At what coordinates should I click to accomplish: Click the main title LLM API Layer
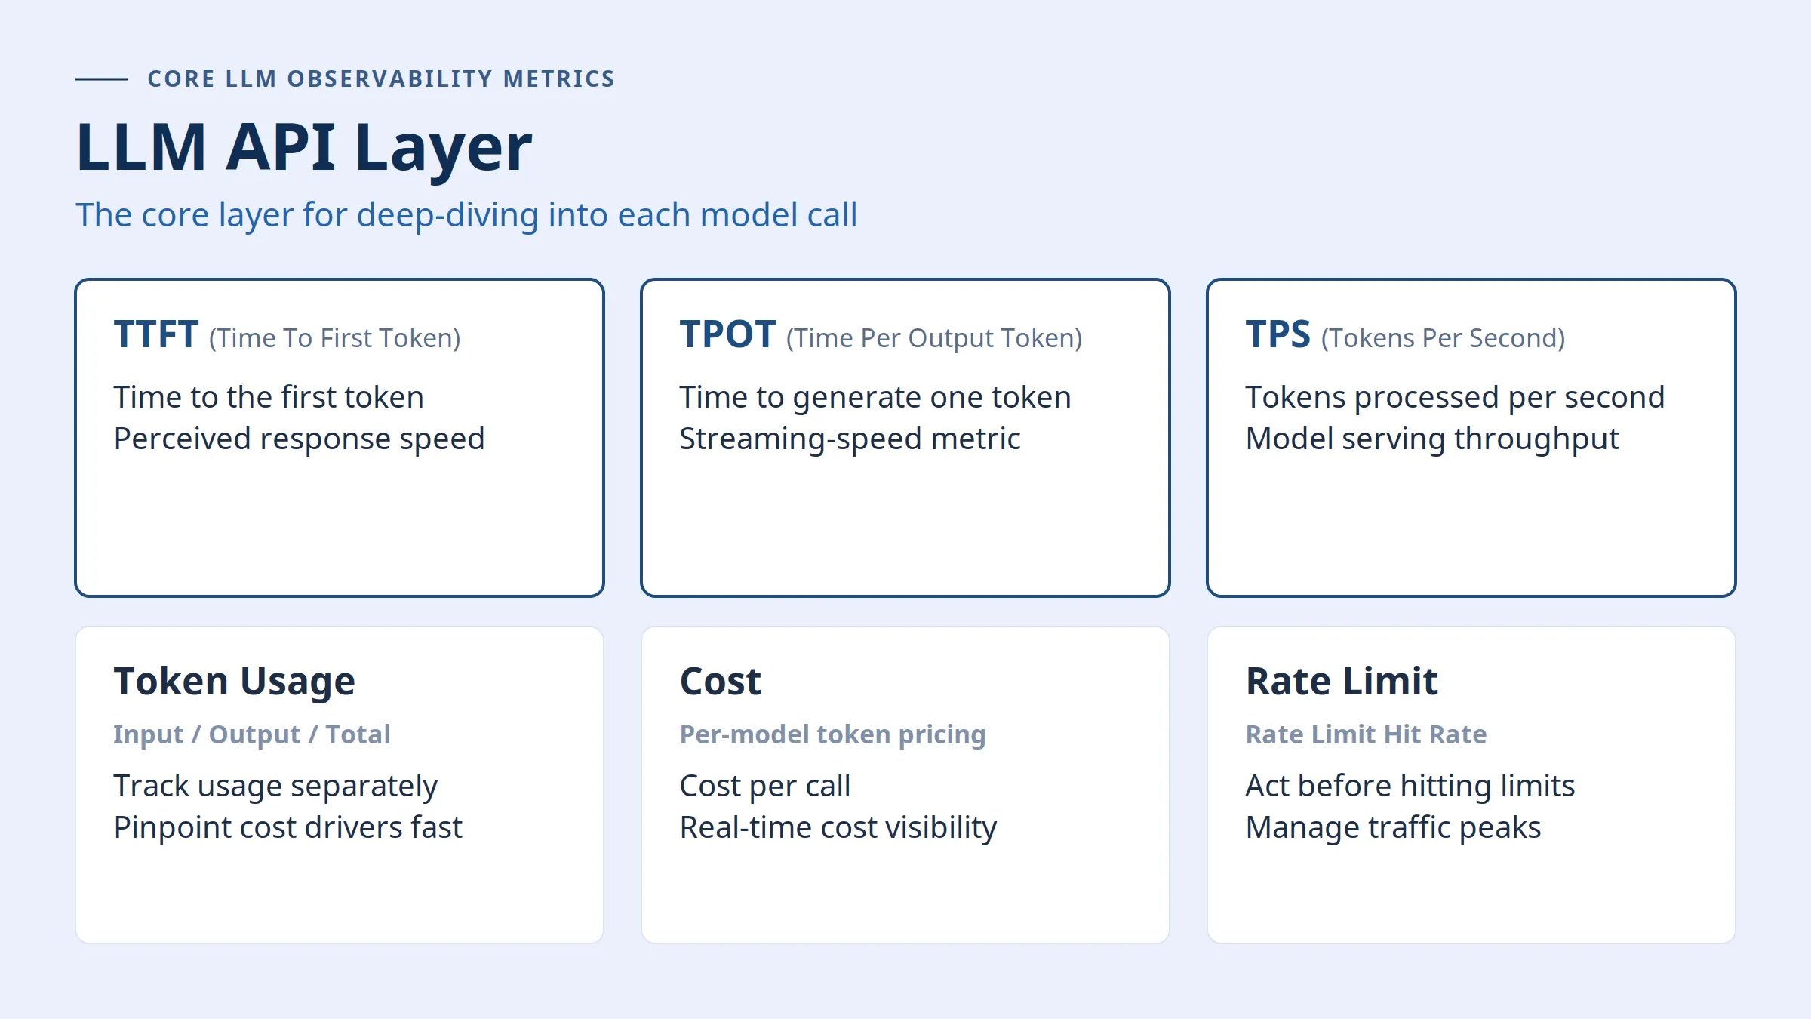click(304, 147)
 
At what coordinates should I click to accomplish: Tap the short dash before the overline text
click(102, 79)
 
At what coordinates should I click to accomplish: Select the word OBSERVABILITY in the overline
click(390, 79)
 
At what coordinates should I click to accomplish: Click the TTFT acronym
click(156, 334)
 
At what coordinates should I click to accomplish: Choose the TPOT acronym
click(727, 334)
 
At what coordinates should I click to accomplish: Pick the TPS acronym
click(1278, 334)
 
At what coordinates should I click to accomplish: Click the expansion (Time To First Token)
click(335, 338)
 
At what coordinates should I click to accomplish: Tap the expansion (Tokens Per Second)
click(1443, 338)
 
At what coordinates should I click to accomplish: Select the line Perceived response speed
click(299, 439)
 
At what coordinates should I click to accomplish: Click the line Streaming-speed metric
click(850, 439)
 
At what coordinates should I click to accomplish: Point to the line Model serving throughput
click(1432, 439)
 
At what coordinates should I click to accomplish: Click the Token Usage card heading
click(235, 682)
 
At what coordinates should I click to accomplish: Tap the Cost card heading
click(721, 682)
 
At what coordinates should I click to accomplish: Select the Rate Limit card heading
click(1342, 682)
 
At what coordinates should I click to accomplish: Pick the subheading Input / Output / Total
click(252, 734)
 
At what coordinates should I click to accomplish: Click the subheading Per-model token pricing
click(833, 734)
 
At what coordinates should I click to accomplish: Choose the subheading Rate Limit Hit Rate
click(1366, 734)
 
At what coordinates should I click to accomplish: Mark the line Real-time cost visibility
click(838, 827)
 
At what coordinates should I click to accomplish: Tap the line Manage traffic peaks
click(1393, 827)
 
